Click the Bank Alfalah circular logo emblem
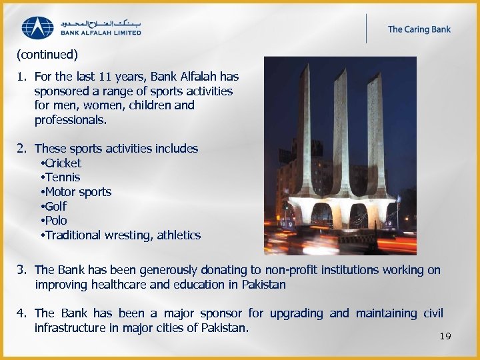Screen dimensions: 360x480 (38, 28)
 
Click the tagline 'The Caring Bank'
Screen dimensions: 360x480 (419, 29)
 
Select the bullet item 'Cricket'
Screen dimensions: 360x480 (63, 163)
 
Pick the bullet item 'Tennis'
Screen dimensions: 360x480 (62, 177)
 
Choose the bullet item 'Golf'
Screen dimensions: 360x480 (56, 207)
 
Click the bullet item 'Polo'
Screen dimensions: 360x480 (56, 221)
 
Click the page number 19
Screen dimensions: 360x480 (445, 336)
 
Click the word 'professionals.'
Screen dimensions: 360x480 (71, 121)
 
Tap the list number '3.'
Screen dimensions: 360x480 (22, 270)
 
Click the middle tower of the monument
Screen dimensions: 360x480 (340, 133)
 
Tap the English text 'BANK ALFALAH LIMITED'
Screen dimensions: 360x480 (101, 32)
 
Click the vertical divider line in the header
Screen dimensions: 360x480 (366, 28)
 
